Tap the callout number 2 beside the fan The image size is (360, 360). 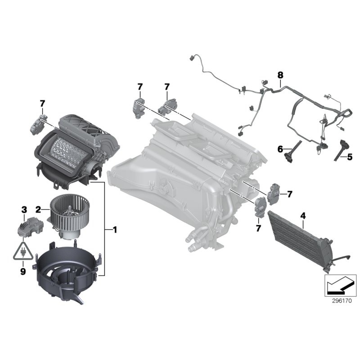tap(39, 209)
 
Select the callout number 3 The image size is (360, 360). tap(24, 210)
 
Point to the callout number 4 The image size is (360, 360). tap(303, 216)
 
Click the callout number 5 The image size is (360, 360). tap(350, 157)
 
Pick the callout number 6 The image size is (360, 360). tap(280, 148)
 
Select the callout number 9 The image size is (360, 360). tap(22, 271)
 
